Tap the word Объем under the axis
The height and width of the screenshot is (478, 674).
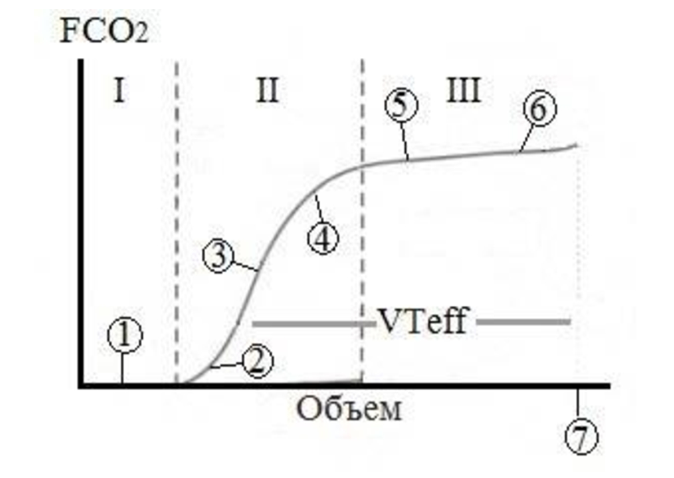pyautogui.click(x=349, y=409)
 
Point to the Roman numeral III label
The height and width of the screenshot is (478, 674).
pyautogui.click(x=464, y=90)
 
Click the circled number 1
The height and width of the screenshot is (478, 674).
pyautogui.click(x=125, y=335)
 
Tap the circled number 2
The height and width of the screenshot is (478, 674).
pyautogui.click(x=257, y=361)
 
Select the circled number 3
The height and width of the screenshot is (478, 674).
pyautogui.click(x=219, y=256)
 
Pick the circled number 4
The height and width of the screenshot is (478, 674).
pyautogui.click(x=323, y=238)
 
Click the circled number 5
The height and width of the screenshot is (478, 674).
pyautogui.click(x=401, y=106)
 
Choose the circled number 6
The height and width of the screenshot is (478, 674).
pyautogui.click(x=540, y=108)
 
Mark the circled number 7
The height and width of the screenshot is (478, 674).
pyautogui.click(x=581, y=438)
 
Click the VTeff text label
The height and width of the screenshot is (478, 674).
pyautogui.click(x=423, y=321)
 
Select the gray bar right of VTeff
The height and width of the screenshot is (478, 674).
pyautogui.click(x=524, y=321)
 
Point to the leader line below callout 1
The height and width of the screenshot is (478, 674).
pyautogui.click(x=123, y=368)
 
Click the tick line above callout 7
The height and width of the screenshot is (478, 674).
pyautogui.click(x=577, y=405)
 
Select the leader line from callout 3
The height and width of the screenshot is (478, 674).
pyautogui.click(x=246, y=266)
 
